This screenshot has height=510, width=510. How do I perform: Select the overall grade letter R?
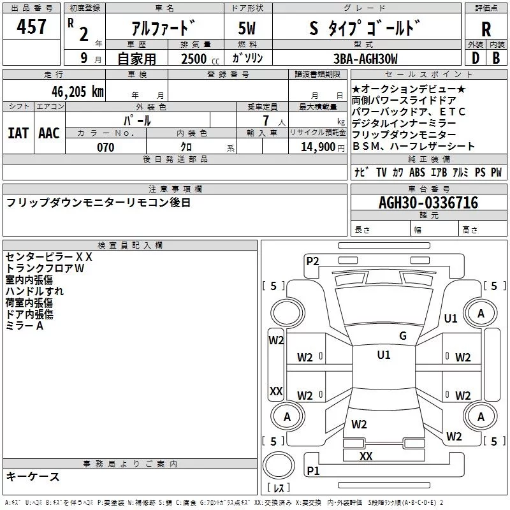pos(486,29)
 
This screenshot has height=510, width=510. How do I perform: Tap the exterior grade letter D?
pos(475,58)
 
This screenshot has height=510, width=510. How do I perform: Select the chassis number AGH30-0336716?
pos(428,203)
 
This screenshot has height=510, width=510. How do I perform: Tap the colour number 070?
pos(105,148)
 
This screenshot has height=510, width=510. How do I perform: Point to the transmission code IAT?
pos(18,133)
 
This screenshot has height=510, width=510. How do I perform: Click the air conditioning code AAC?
pos(48,133)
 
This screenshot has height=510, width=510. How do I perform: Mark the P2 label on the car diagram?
pos(312,260)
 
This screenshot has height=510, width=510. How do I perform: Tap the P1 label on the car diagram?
pos(312,470)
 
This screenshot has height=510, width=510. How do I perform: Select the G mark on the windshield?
pos(402,336)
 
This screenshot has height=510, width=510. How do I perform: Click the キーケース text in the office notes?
pos(33,477)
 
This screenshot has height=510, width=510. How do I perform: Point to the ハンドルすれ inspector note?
pos(34,291)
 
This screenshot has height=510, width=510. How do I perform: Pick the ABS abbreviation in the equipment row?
pos(417,173)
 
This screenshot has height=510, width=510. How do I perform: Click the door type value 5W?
pos(247,29)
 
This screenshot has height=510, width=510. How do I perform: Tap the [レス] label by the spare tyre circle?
pos(279,488)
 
